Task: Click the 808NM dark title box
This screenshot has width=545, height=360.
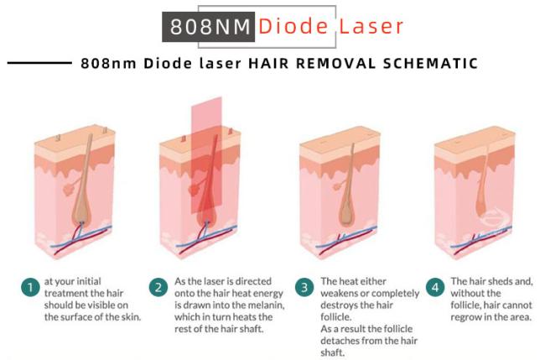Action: pos(209,27)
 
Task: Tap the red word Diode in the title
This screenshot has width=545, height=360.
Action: pos(293,26)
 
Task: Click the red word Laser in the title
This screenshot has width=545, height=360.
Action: pos(371,26)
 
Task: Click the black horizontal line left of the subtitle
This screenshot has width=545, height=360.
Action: pos(39,63)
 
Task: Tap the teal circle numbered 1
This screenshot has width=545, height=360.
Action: pos(30,287)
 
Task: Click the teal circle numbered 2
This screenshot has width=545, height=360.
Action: pos(158,287)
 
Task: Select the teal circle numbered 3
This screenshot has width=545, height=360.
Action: pos(304,287)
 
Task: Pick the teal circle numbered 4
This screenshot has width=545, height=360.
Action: pos(435,287)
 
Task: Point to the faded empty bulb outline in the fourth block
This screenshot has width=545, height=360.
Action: pos(496,217)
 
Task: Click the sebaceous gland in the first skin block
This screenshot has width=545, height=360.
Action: pos(70,189)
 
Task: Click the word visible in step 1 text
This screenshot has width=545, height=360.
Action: pos(101,305)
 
